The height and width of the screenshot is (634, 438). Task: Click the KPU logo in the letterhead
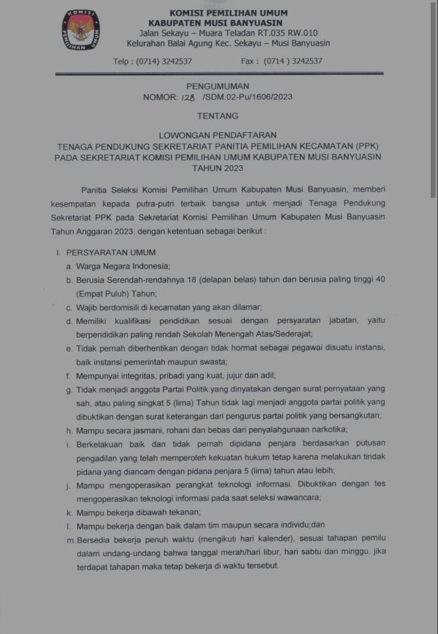[81, 29]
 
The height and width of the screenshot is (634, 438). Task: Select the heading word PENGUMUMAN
[217, 86]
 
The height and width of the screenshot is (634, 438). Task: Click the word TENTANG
[218, 116]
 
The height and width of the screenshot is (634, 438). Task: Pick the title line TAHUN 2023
[217, 168]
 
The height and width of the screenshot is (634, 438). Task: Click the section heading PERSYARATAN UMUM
[111, 252]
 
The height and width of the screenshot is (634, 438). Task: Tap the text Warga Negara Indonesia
[122, 266]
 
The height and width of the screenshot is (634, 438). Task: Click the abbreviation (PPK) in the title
[363, 146]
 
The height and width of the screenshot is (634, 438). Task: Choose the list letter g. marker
[69, 389]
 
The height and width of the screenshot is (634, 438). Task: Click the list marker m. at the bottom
[71, 538]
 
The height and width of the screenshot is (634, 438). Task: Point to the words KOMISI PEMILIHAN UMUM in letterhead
[228, 13]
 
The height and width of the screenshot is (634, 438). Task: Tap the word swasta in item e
[193, 362]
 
